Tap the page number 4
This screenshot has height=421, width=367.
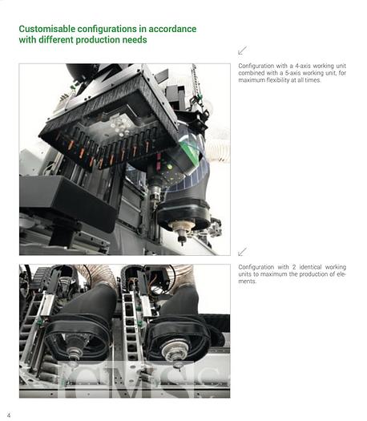click(x=9, y=414)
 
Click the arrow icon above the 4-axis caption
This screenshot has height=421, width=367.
click(x=243, y=51)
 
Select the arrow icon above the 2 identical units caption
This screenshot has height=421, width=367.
click(x=243, y=252)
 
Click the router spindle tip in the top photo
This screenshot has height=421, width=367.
click(x=180, y=237)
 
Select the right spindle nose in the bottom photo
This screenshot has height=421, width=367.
click(x=171, y=352)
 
